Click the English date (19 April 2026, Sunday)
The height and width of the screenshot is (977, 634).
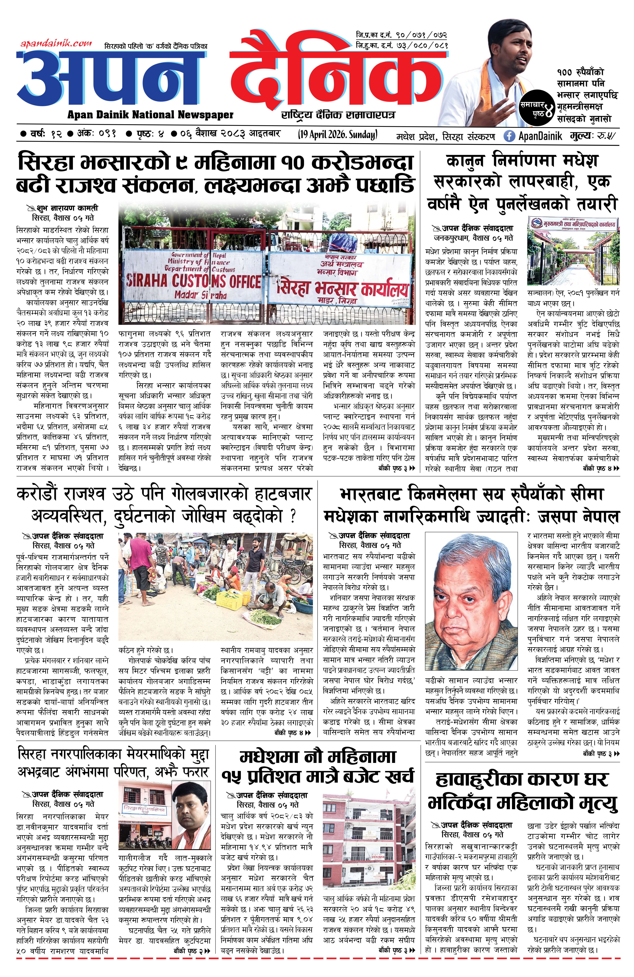(337, 135)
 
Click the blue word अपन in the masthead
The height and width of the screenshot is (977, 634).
(110, 78)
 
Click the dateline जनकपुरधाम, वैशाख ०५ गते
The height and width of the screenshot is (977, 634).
(473, 238)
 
